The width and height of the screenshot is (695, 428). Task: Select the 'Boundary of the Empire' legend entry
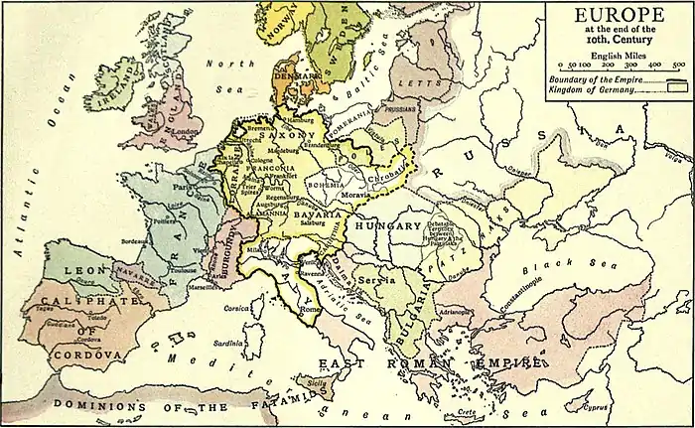[x=591, y=77]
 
